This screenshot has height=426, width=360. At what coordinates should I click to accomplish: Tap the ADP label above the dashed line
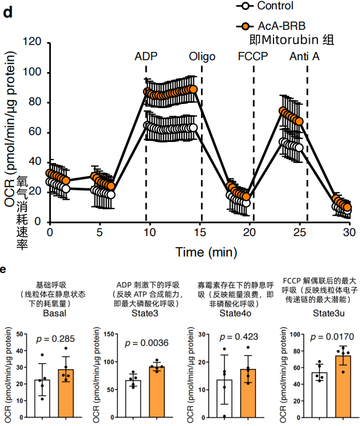click(146, 57)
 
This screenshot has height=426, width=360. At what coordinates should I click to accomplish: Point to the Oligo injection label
click(202, 57)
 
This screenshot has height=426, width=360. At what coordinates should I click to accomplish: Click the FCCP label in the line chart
click(252, 57)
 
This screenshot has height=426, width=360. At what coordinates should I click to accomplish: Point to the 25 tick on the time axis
click(299, 232)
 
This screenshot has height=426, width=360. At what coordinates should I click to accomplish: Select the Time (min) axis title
click(206, 252)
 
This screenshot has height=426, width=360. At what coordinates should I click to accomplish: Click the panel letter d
click(8, 13)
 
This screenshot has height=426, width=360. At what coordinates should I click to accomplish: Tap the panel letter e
click(4, 269)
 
